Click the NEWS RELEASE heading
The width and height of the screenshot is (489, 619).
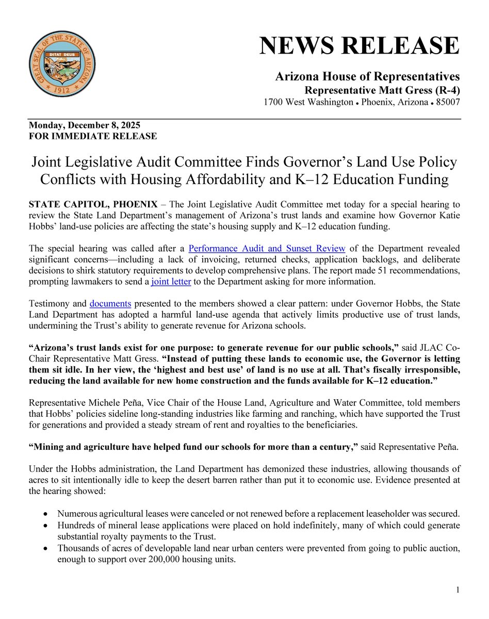[x=360, y=46]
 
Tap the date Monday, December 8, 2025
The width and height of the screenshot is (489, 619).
[x=85, y=126]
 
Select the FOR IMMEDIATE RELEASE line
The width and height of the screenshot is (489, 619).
[x=93, y=136]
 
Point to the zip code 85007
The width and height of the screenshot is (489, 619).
[x=446, y=102]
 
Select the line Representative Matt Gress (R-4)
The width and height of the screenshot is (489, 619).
[x=380, y=90]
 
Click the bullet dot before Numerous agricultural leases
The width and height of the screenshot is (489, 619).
[x=47, y=514]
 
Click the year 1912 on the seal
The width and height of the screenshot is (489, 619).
[x=62, y=89]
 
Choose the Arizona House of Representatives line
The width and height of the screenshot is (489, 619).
[x=367, y=77]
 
